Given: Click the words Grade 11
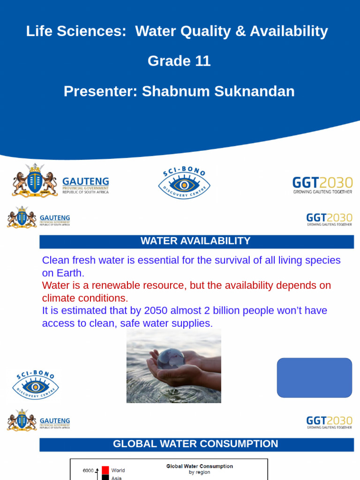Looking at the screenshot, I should [x=179, y=61].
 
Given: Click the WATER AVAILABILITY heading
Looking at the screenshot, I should [x=195, y=241].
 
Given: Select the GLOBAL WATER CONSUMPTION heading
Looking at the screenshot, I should [x=195, y=444].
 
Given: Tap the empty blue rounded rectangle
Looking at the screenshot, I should [x=314, y=378].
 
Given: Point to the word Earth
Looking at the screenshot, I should [x=69, y=273].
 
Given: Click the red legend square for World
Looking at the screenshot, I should [x=105, y=470].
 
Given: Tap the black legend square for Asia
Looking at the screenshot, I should [x=105, y=478].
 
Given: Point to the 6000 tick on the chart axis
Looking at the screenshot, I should [x=88, y=471].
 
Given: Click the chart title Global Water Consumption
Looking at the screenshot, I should [x=200, y=466].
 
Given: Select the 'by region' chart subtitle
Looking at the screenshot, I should [x=200, y=472].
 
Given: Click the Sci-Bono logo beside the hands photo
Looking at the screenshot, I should [x=35, y=384].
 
